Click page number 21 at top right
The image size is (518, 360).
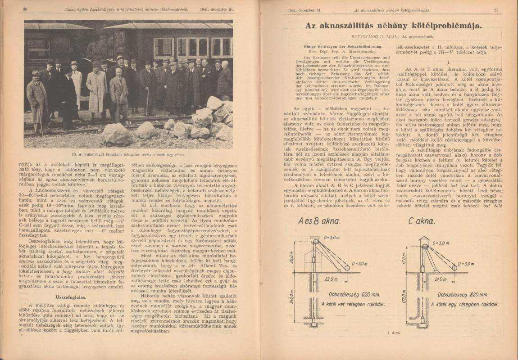pyautogui.click(x=495, y=10)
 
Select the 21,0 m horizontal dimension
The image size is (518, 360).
pyautogui.click(x=435, y=278)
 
